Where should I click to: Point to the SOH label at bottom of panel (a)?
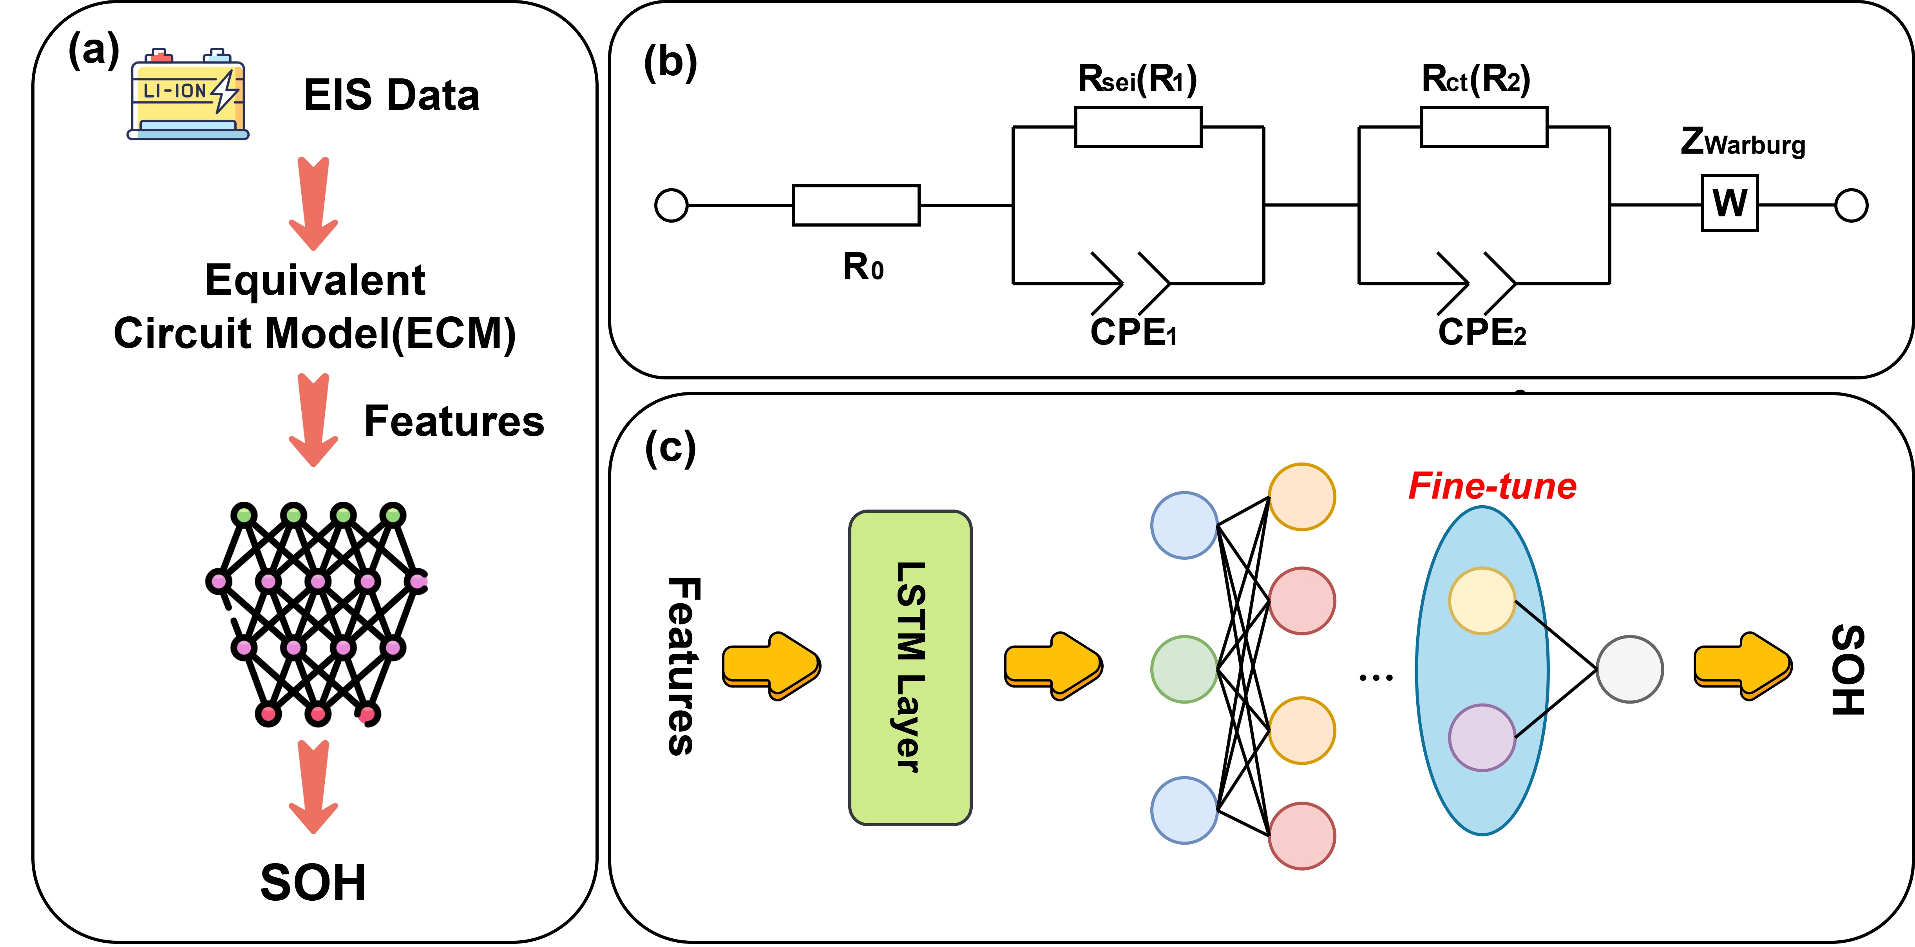pyautogui.click(x=313, y=882)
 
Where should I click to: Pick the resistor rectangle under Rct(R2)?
pyautogui.click(x=1484, y=127)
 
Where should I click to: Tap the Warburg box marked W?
pyautogui.click(x=1730, y=203)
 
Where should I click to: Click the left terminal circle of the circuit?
pyautogui.click(x=671, y=205)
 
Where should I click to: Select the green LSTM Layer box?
pyautogui.click(x=910, y=667)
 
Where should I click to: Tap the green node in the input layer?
pyautogui.click(x=1184, y=669)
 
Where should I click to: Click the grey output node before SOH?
pyautogui.click(x=1629, y=669)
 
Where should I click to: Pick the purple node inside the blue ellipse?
pyautogui.click(x=1482, y=737)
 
